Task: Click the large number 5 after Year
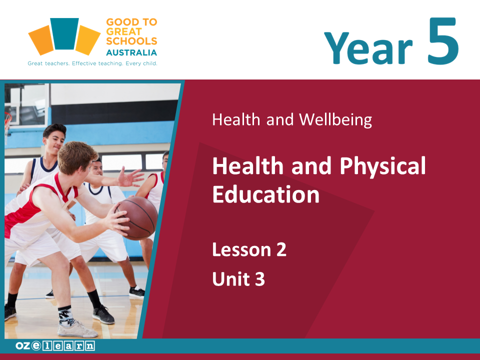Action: pos(443,41)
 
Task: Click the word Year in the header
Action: pos(368,48)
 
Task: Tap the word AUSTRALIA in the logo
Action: pos(131,52)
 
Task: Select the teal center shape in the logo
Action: pos(64,33)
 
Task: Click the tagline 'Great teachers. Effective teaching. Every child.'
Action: pos(92,63)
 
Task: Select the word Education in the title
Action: pos(265,194)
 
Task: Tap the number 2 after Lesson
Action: pos(281,250)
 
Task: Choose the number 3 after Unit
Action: pos(260,279)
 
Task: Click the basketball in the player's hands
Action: pos(136,218)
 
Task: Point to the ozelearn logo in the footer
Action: pos(55,346)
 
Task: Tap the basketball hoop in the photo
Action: pos(7,122)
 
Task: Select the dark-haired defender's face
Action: pos(54,142)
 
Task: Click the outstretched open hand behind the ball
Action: pos(130,177)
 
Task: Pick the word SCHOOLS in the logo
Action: pos(131,41)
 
